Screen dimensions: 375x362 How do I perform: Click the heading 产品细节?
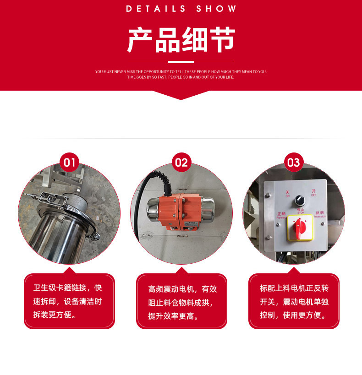point(181,40)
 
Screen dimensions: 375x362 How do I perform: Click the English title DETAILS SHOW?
point(181,9)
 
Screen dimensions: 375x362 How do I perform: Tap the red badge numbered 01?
point(70,162)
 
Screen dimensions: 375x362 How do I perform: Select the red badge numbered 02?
point(181,162)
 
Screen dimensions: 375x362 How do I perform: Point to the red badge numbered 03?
point(293,162)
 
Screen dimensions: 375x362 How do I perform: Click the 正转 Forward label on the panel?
point(281,215)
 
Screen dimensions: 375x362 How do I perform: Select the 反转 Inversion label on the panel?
point(319,214)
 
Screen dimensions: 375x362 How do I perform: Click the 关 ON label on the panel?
point(287,194)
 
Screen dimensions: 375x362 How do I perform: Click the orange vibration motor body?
point(181,211)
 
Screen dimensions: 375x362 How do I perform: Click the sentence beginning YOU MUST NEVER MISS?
point(181,71)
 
